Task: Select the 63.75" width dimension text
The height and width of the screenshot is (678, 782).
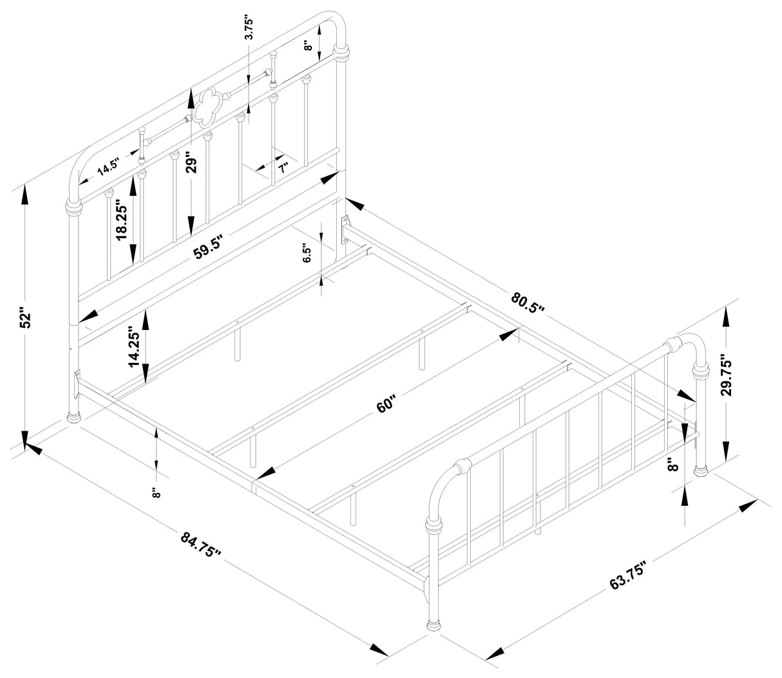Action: [x=628, y=575]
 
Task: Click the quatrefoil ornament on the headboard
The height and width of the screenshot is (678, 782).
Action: [x=209, y=106]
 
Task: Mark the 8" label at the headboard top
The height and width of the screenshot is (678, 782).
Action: [x=309, y=44]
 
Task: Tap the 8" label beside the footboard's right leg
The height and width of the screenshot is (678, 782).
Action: [x=674, y=465]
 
